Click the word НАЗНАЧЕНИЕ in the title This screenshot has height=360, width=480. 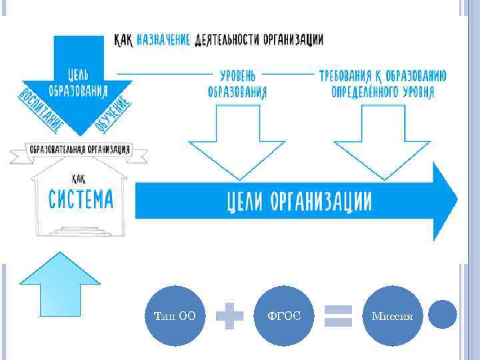point(163,39)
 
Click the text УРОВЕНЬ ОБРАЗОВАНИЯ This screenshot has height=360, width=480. point(237,83)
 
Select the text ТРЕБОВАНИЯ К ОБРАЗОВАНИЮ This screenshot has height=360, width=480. point(383,75)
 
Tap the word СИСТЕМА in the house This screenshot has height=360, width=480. point(81,198)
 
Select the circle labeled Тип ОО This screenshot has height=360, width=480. point(175,315)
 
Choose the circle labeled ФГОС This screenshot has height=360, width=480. point(284,315)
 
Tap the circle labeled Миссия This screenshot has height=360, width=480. point(393,315)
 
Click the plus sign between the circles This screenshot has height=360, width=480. point(230,315)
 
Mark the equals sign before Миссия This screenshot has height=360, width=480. point(337,315)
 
